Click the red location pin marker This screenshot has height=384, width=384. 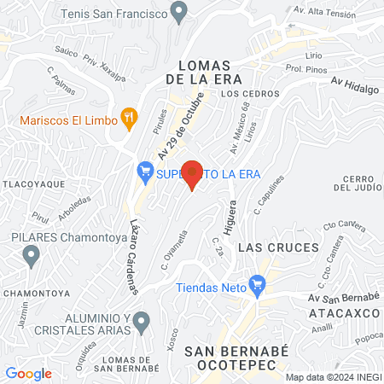[x=193, y=174]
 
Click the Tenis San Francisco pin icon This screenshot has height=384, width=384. [x=178, y=12]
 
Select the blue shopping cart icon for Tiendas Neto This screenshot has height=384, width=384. [x=255, y=285]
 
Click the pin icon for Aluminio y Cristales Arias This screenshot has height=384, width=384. [x=143, y=321]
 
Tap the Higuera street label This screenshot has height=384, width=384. [x=230, y=215]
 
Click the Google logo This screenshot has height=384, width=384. [x=28, y=373]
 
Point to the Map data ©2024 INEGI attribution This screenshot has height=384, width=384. [x=333, y=377]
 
